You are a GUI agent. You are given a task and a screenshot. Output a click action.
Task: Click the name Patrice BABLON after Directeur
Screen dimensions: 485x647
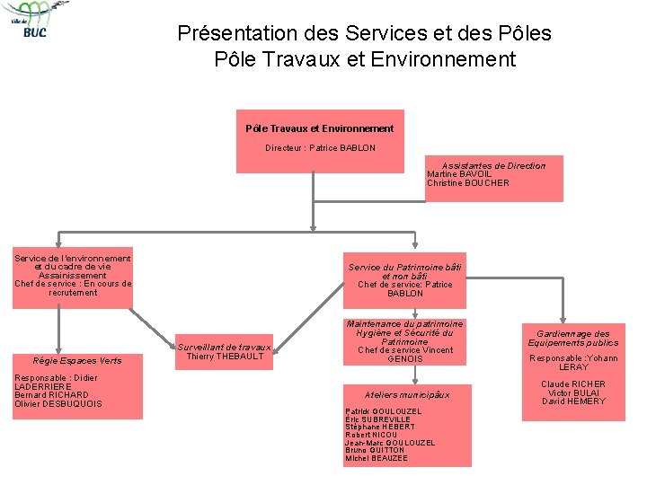click(x=342, y=148)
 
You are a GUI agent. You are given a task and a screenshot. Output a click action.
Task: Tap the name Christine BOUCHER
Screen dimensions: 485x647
click(x=468, y=183)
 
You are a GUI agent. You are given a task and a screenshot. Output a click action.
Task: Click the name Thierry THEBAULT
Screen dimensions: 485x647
click(x=225, y=357)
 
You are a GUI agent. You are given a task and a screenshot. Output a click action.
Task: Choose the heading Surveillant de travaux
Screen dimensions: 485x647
click(x=225, y=348)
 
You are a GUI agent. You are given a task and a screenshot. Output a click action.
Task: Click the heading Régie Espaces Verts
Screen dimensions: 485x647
click(x=76, y=361)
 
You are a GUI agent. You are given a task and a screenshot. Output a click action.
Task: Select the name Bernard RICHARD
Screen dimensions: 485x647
click(x=51, y=395)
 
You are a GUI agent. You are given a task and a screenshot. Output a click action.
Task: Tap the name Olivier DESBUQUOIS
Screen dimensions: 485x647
click(x=58, y=404)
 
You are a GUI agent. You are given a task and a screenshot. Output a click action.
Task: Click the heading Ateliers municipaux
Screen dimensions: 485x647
click(x=407, y=395)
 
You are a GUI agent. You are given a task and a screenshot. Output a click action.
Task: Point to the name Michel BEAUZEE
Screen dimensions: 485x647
click(x=377, y=459)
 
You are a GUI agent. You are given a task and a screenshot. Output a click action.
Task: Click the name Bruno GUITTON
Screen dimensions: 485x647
click(x=375, y=451)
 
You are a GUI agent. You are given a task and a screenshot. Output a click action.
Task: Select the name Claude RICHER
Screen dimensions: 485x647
click(x=573, y=384)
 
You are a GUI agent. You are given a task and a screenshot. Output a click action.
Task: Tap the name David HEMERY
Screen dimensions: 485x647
click(x=573, y=401)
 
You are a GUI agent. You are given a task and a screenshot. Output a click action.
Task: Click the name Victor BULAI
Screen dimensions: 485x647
click(x=573, y=393)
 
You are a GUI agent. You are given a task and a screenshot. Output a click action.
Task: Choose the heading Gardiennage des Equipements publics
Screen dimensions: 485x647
click(x=573, y=339)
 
